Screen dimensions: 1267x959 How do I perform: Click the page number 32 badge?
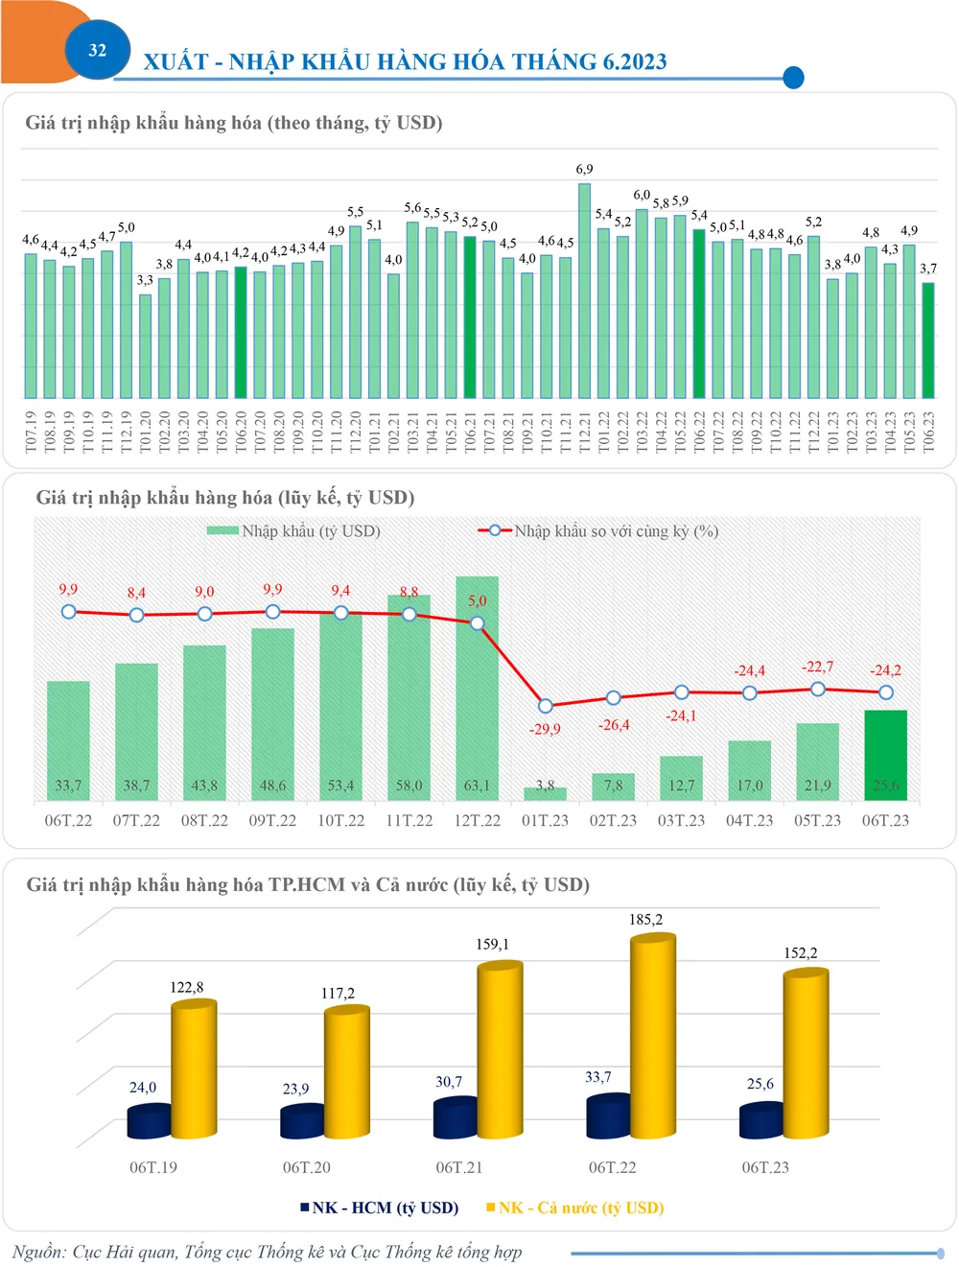tap(97, 51)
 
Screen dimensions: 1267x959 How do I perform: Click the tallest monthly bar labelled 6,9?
tap(584, 291)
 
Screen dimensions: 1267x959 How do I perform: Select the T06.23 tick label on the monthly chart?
tap(928, 433)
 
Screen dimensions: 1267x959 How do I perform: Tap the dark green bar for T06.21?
tap(470, 317)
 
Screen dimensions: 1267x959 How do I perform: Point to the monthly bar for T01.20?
tap(145, 345)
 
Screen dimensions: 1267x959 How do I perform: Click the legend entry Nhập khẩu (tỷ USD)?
tap(294, 531)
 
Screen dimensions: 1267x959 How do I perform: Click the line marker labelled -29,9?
tap(546, 706)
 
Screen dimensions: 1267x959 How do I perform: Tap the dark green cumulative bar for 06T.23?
tap(885, 755)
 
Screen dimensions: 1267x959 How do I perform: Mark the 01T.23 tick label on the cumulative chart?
tap(545, 821)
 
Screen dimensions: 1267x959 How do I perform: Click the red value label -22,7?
tap(817, 667)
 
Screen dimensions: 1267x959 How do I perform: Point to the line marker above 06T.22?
tap(68, 612)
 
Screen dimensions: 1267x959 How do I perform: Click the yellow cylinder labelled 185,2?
tap(652, 1036)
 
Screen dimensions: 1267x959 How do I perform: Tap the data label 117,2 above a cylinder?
tap(338, 994)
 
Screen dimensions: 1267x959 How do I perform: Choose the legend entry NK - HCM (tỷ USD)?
tap(380, 1208)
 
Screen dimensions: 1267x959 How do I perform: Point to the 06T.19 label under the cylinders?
tap(153, 1167)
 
